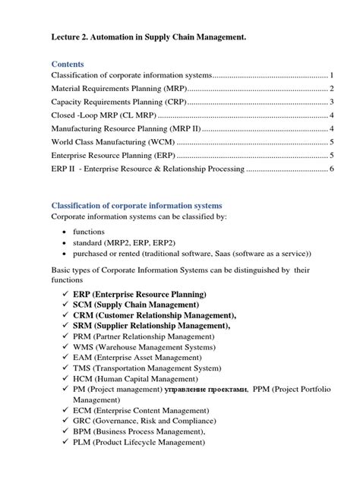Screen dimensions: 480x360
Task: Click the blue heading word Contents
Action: point(68,64)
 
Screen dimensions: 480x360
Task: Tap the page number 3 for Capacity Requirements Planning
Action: point(333,103)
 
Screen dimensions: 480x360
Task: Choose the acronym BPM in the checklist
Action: point(85,434)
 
